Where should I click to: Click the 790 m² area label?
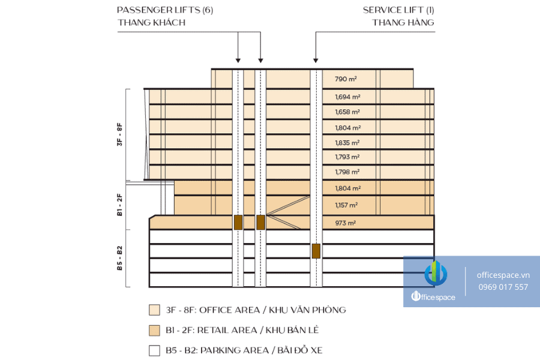click(346, 79)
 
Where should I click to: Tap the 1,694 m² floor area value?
click(348, 97)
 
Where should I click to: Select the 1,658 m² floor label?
click(347, 112)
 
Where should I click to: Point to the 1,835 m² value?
click(347, 143)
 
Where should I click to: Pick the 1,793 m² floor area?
click(347, 157)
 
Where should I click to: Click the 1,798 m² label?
click(347, 172)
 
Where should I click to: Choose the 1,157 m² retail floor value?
click(346, 205)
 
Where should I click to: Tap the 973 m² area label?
click(346, 223)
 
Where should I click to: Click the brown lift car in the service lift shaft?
click(316, 251)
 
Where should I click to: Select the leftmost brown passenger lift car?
click(238, 222)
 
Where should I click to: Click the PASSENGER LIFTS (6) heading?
click(165, 10)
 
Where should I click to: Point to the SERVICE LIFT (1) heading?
click(398, 10)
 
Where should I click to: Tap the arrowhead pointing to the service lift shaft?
click(316, 61)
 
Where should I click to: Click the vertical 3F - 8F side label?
click(119, 134)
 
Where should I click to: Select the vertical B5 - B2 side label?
click(119, 258)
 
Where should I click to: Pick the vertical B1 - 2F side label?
click(119, 205)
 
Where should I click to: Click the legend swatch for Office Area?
click(154, 310)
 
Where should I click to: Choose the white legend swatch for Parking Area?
click(154, 350)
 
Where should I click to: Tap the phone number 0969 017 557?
click(503, 287)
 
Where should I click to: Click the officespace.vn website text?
click(503, 275)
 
